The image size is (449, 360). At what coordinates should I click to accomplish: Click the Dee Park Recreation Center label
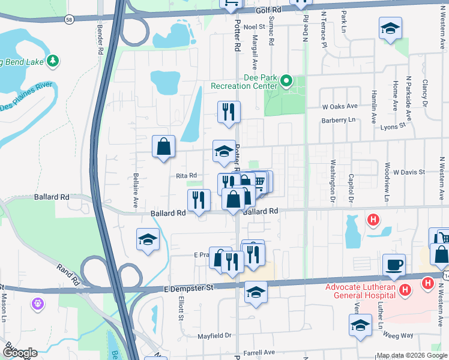pos(244,82)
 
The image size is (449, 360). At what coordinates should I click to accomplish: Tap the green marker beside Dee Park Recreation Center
pos(286,80)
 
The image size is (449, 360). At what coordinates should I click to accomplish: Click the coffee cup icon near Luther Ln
pos(394,264)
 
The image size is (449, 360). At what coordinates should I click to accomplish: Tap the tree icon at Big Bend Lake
pos(53,61)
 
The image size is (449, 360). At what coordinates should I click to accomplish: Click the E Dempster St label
pos(188,289)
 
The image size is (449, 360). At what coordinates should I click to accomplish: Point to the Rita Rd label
pos(186,176)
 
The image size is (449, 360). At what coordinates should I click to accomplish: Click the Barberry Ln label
pos(339,120)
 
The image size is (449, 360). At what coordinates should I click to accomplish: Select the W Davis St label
pos(409,172)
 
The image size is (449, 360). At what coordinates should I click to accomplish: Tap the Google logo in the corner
pos(20,352)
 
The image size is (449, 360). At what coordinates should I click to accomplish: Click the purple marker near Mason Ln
pos(38,304)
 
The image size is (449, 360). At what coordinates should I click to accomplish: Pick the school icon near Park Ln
pos(390,28)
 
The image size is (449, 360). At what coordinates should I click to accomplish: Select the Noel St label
pos(255,27)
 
